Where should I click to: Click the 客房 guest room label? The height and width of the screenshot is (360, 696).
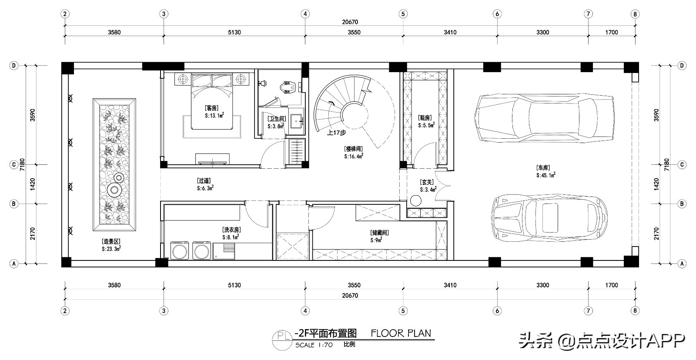[x=211, y=108]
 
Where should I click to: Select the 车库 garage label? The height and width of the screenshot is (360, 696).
[x=543, y=168]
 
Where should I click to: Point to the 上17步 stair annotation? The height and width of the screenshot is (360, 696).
[x=336, y=133]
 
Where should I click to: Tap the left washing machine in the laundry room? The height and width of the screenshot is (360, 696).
[x=180, y=250]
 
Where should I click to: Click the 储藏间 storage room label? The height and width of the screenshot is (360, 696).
[x=379, y=233]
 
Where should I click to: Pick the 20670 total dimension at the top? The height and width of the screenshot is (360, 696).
[x=350, y=22]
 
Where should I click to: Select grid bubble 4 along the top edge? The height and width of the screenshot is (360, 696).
[x=305, y=14]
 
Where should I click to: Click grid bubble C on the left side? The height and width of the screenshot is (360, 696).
[x=13, y=165]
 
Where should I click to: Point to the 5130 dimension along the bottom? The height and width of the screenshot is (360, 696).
[x=234, y=285]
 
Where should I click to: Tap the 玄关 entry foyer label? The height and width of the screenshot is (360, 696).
[x=427, y=182]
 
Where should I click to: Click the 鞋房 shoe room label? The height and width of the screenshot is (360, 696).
[x=425, y=118]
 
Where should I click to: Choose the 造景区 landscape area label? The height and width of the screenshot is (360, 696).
[x=111, y=241]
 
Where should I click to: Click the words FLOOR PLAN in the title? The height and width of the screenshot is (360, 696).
[x=401, y=333]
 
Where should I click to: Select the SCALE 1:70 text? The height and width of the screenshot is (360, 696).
[x=314, y=345]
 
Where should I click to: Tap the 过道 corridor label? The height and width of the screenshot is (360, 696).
[x=204, y=181]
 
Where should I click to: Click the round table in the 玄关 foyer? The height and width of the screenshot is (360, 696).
[x=415, y=201]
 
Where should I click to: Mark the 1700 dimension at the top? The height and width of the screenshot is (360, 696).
[x=612, y=32]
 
